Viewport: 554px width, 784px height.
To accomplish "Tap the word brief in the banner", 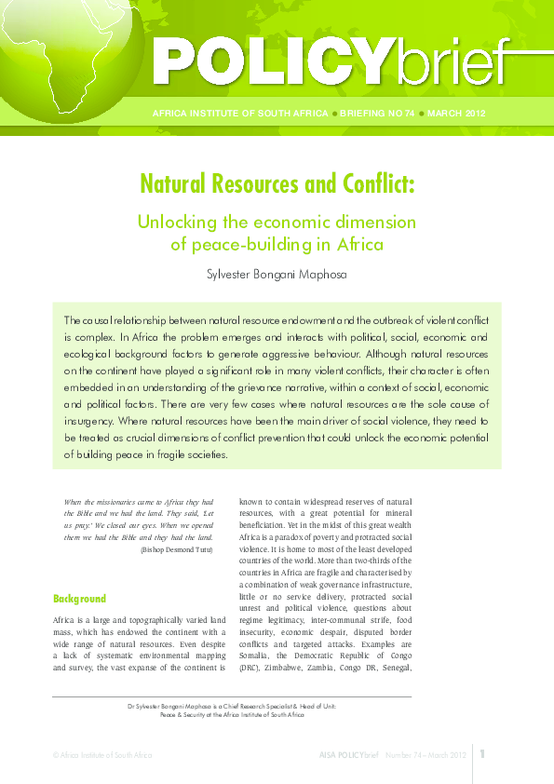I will (x=451, y=62).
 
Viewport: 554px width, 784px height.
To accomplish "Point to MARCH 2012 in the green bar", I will (x=457, y=114).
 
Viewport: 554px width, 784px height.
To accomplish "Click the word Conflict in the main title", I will (x=368, y=183).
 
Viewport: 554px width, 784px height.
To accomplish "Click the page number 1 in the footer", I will (x=483, y=753).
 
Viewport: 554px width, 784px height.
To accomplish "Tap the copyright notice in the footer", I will (x=102, y=754).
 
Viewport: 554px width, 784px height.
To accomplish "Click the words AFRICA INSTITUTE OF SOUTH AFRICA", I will (x=238, y=114).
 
